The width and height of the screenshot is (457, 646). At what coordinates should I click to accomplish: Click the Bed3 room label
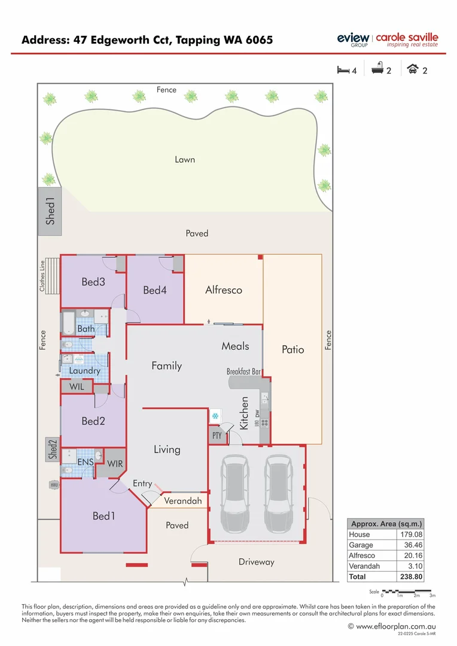93,282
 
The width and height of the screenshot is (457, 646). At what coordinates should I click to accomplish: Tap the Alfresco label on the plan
223,290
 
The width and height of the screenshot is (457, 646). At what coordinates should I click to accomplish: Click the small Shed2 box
53,450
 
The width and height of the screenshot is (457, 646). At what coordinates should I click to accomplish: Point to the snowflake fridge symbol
214,416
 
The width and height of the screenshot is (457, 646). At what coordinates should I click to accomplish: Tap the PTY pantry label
217,436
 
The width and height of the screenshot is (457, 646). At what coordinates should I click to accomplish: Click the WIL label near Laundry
77,387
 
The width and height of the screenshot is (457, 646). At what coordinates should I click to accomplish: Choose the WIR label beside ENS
115,463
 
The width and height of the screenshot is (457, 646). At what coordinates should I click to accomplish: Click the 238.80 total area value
411,577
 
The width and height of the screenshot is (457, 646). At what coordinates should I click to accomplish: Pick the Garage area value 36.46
412,545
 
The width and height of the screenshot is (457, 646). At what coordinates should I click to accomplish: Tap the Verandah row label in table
363,566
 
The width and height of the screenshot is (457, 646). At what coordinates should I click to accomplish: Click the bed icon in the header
343,70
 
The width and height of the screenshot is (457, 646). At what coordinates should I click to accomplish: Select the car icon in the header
412,69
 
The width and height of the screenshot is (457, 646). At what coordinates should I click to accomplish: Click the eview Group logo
352,39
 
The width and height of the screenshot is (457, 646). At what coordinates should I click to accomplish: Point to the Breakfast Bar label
243,371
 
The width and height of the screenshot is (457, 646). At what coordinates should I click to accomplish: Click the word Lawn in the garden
185,160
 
